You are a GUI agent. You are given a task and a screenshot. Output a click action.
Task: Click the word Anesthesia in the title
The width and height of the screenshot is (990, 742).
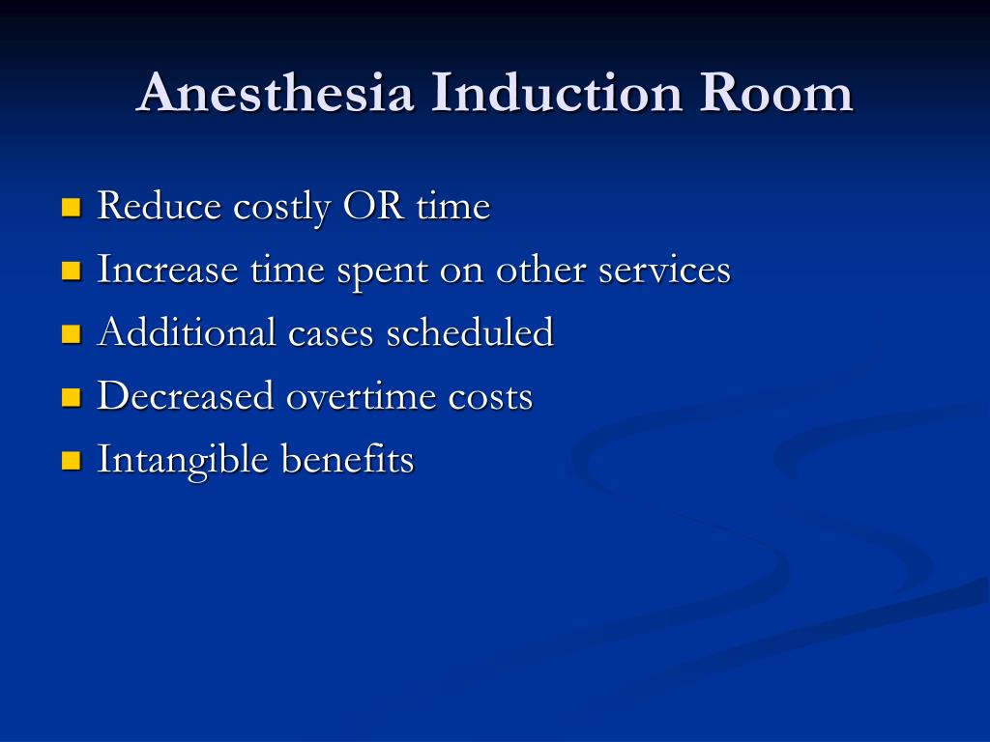pos(276,94)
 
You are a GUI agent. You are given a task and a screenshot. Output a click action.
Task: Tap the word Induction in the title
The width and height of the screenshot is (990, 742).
pos(560,94)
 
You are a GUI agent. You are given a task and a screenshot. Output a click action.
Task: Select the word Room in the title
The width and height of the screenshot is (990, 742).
pos(776,94)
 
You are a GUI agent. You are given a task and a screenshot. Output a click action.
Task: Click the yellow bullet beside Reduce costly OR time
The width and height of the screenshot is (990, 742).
pos(71,207)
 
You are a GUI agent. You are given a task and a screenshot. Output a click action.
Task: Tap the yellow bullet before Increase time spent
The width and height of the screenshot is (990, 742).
pos(71,271)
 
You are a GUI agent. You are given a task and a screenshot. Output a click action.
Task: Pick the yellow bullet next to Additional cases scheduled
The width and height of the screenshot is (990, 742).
pos(71,334)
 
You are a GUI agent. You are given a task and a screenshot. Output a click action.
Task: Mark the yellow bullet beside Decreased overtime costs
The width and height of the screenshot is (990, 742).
pos(71,397)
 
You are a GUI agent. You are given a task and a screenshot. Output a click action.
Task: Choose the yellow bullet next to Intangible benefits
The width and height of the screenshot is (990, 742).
pos(71,460)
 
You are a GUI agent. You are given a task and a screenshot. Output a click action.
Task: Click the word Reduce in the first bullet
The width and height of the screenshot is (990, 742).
pos(160,206)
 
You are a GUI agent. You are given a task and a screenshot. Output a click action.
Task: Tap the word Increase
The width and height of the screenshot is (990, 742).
pos(167,270)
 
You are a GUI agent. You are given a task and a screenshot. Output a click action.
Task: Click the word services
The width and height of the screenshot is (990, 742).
pos(664,270)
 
